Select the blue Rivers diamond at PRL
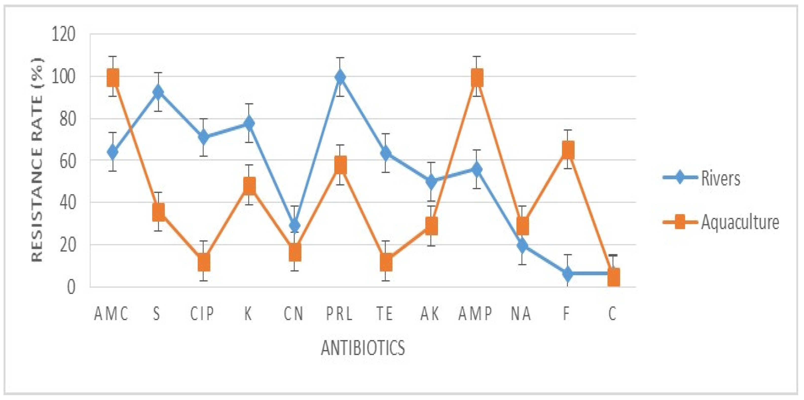pos(340,77)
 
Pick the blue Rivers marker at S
pos(158,92)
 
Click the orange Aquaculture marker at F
pos(568,150)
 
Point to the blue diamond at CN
pos(295,225)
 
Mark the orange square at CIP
pos(204,262)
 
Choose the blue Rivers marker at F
pos(568,273)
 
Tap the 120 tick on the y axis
pos(63,34)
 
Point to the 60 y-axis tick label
pos(67,161)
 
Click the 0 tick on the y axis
pos(71,287)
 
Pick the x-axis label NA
pos(521,314)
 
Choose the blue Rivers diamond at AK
pos(431,181)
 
